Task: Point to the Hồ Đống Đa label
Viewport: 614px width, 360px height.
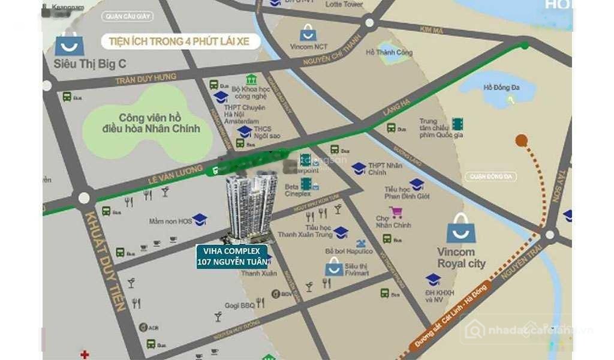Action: tap(501, 88)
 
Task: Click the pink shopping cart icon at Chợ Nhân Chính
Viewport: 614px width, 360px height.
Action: tap(396, 212)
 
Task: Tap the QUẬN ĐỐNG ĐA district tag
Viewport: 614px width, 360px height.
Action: tap(493, 176)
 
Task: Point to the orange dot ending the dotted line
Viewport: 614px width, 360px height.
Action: tap(521, 140)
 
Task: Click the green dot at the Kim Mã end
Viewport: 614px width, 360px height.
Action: tap(525, 45)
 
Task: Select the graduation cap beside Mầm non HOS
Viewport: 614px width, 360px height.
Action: tap(200, 220)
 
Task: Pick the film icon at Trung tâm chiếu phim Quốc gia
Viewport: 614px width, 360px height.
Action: tap(458, 124)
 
